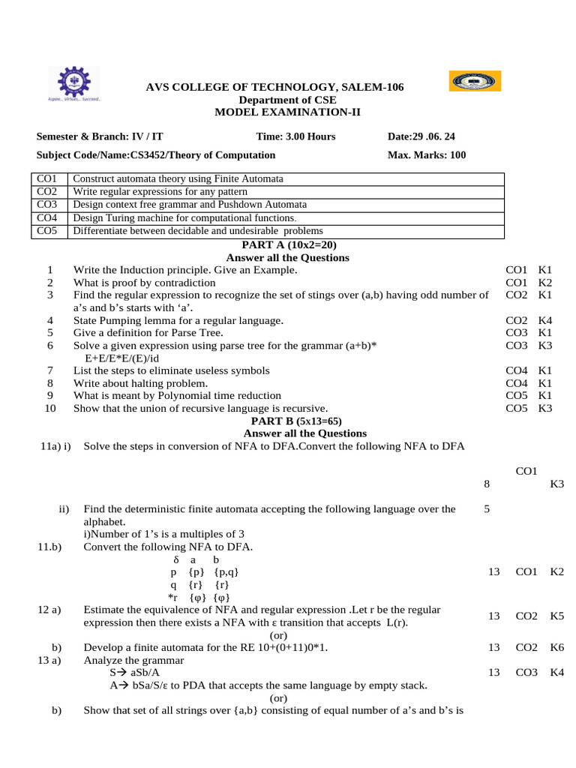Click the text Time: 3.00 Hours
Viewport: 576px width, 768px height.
click(x=295, y=136)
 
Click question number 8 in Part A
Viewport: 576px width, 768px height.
click(x=49, y=383)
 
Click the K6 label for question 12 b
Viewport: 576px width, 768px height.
click(x=556, y=647)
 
